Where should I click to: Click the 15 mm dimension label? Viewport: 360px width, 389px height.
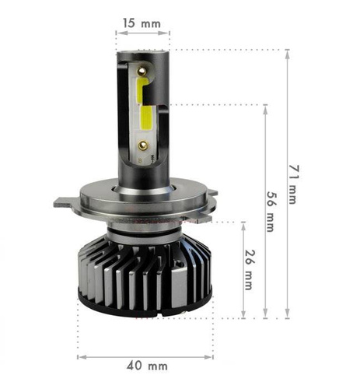point(142,23)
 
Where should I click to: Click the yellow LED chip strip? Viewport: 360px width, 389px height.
point(145,109)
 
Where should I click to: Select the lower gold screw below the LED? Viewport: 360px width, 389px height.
point(144,144)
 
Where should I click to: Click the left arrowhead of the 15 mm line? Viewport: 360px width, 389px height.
point(119,33)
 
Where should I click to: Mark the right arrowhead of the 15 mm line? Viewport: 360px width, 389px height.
point(167,33)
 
